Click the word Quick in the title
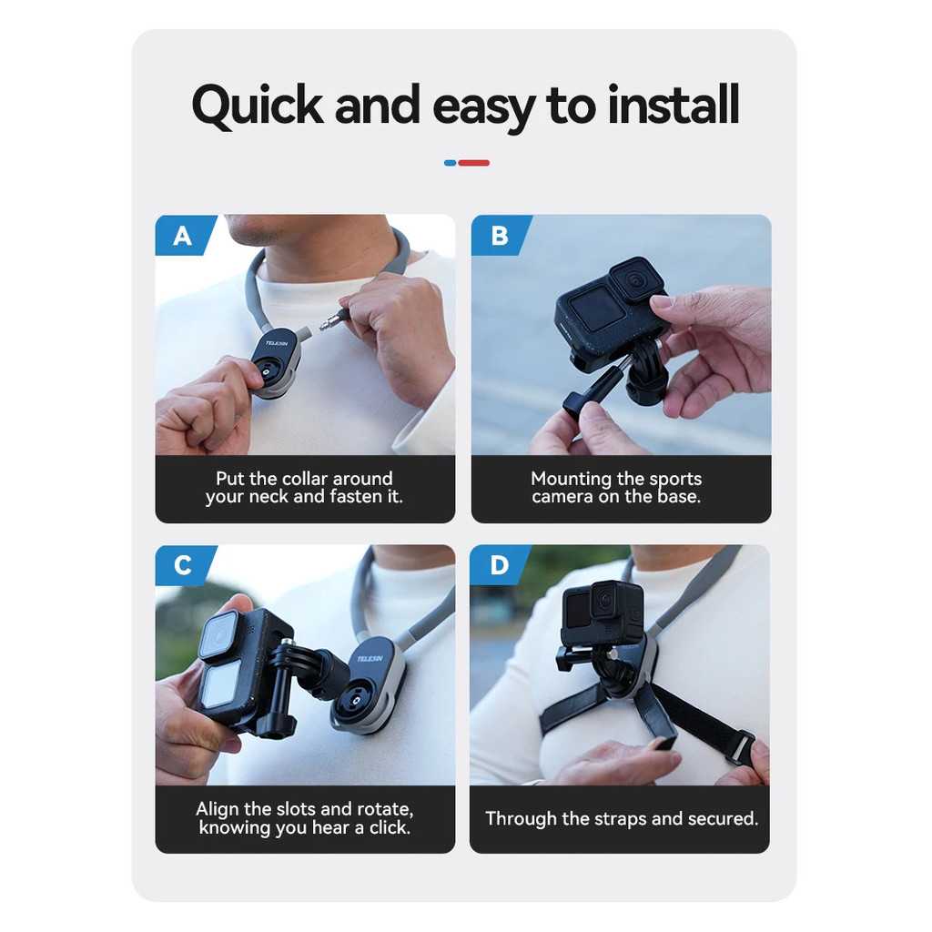pos(258,106)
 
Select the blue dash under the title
pos(450,163)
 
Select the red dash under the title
pos(473,163)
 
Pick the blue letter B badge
pos(501,236)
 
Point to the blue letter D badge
pos(500,565)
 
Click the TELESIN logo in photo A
pos(277,343)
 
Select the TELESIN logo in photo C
pos(370,659)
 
